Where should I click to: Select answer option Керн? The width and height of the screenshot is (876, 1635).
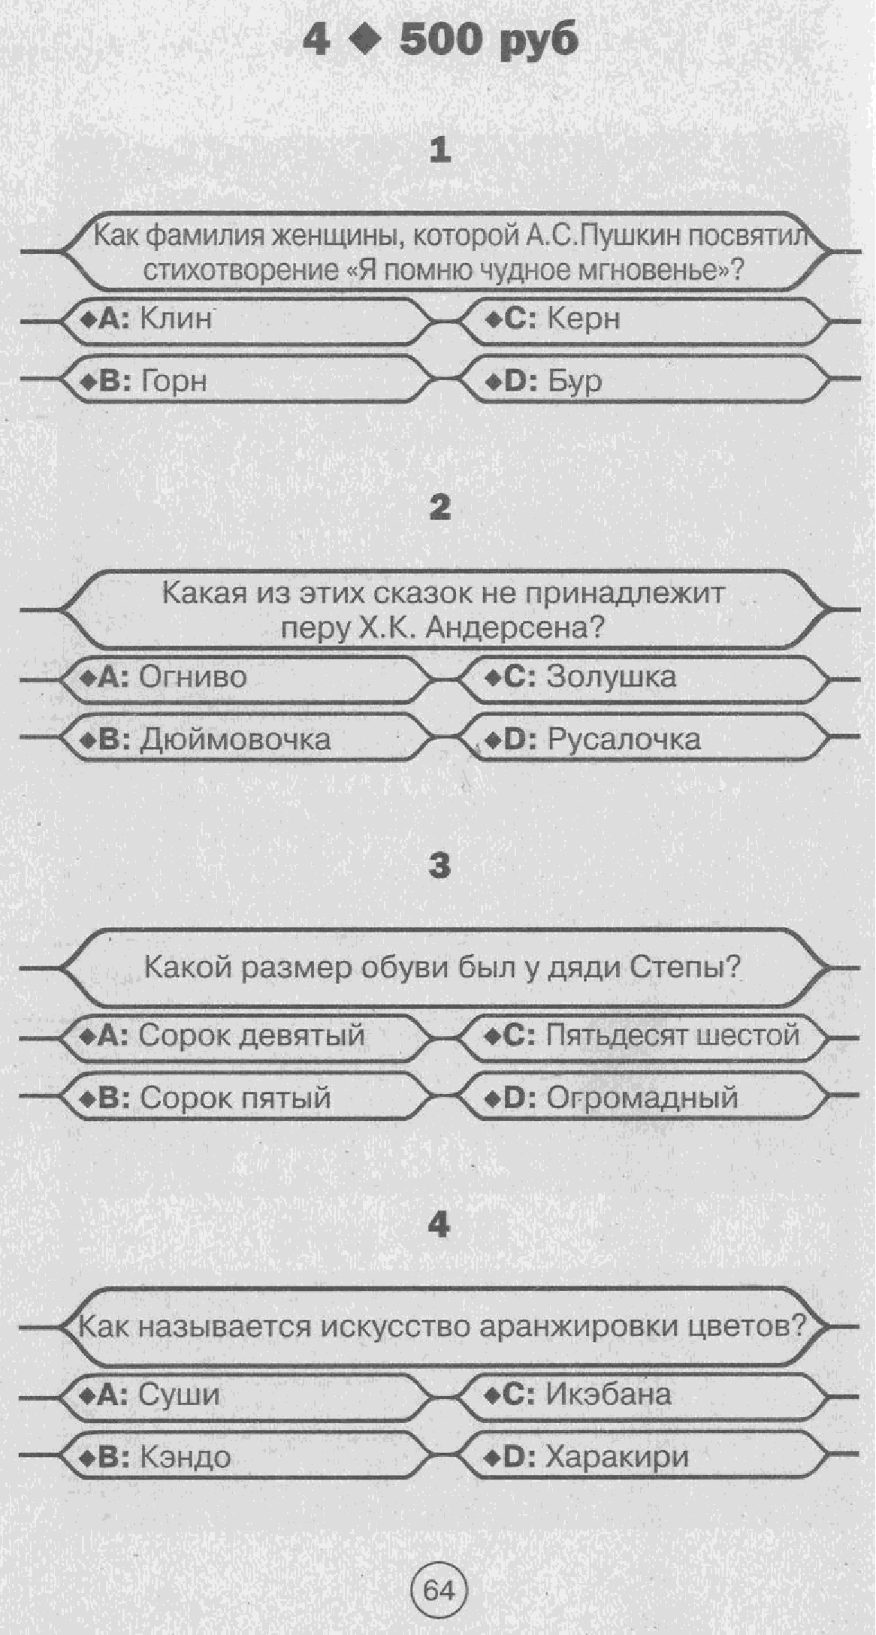[x=583, y=319]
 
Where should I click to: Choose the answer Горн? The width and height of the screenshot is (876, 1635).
[x=174, y=381]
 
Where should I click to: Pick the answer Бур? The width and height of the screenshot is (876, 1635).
[x=574, y=381]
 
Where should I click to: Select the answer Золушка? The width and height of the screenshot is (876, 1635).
[x=611, y=676]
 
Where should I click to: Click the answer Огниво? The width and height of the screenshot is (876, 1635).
[x=193, y=676]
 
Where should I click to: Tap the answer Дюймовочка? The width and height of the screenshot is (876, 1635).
[x=235, y=739]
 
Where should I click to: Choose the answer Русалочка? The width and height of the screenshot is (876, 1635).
[x=624, y=739]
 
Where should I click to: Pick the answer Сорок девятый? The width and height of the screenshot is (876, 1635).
[x=252, y=1035]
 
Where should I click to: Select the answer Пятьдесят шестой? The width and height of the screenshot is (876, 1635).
[x=672, y=1035]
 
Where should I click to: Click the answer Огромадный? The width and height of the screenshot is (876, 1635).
[x=642, y=1098]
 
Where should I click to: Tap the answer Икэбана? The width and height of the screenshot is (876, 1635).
[x=608, y=1395]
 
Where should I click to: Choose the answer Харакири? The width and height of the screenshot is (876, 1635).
[x=617, y=1457]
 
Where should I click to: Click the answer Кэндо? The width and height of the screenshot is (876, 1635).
[x=185, y=1457]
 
